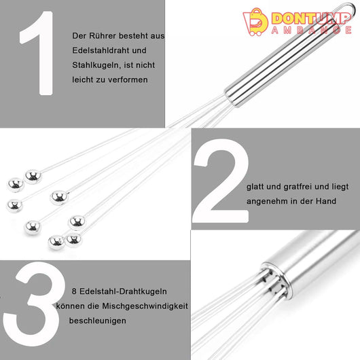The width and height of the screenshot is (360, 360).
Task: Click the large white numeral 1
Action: pos(39,53)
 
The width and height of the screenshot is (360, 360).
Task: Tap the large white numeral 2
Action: pos(221,181)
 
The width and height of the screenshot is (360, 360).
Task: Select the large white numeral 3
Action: pos(35,304)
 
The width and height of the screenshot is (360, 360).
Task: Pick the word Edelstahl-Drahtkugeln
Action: pos(123,291)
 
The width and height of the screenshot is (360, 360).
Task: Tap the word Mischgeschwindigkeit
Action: pos(145,306)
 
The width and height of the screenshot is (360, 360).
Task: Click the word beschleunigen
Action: pos(98,321)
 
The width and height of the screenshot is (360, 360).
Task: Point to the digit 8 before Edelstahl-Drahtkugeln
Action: pos(74,291)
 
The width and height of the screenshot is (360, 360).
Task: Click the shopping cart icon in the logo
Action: pos(255,22)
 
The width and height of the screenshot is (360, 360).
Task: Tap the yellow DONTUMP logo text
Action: pos(310,18)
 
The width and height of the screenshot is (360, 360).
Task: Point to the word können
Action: pos(66,306)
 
